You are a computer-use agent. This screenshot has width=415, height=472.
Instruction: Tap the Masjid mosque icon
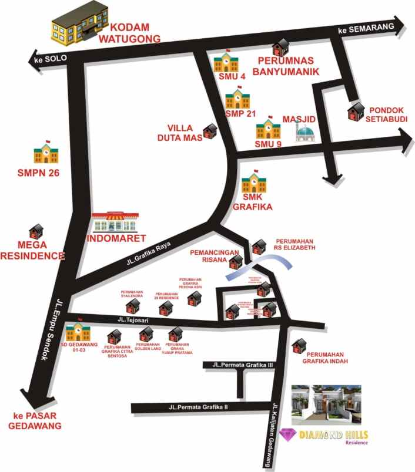304,133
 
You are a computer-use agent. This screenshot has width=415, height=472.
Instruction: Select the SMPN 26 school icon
45,152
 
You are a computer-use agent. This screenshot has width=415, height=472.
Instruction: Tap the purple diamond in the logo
288,435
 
